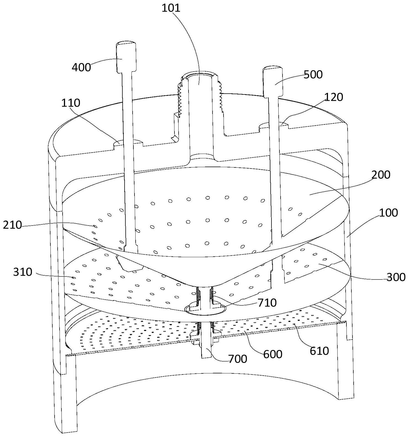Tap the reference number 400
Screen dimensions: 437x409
(x=81, y=67)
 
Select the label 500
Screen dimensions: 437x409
(x=313, y=74)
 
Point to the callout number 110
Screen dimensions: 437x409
(x=71, y=103)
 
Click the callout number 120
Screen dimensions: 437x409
(x=334, y=97)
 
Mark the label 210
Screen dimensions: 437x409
(x=12, y=225)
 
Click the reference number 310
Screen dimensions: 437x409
(x=23, y=272)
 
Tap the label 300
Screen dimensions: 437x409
(x=396, y=277)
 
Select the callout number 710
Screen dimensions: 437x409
(x=267, y=303)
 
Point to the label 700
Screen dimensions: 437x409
(x=238, y=359)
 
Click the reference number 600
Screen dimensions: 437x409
(x=273, y=354)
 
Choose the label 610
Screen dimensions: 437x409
(x=319, y=351)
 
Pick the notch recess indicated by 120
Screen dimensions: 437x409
(x=273, y=125)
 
